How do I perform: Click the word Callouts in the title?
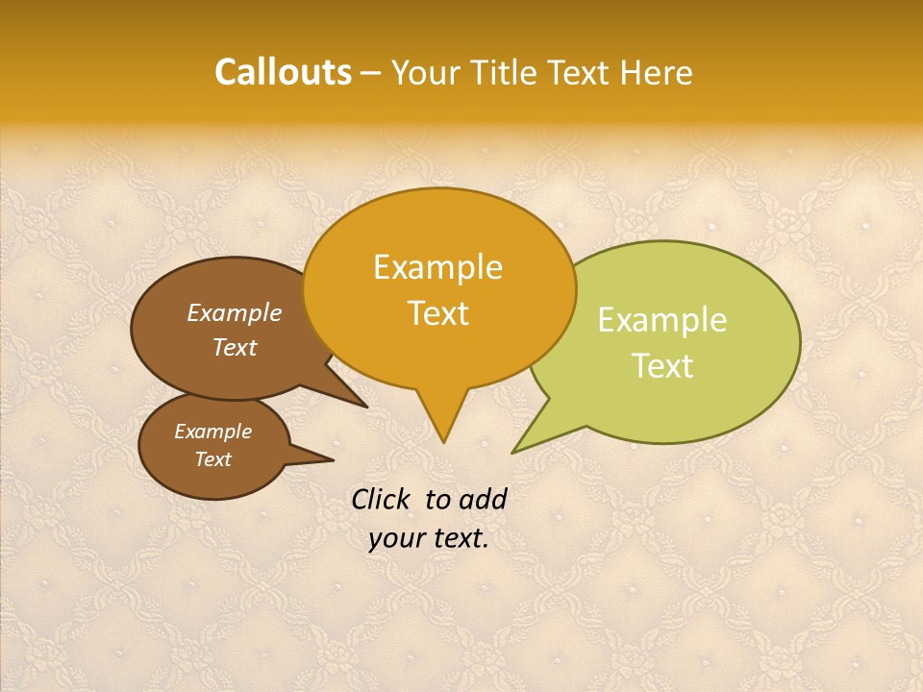point(283,72)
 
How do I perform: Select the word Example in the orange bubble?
point(437,267)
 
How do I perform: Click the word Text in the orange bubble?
point(437,312)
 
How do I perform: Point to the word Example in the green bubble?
point(662,320)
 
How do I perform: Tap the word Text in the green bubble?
point(662,366)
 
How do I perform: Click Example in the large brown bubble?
point(234,312)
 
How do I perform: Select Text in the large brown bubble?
point(234,347)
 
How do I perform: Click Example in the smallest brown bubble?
point(212,432)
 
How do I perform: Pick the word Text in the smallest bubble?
point(212,459)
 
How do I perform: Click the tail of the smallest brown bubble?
point(327,459)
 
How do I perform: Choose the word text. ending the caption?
point(458,538)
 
